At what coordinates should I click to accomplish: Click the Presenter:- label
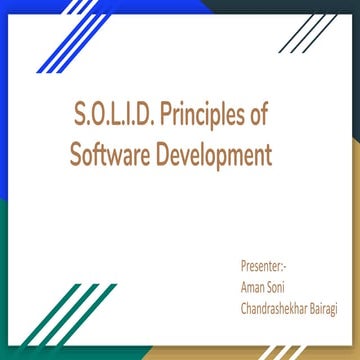coord(263,267)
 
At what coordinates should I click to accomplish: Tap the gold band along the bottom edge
coord(200,353)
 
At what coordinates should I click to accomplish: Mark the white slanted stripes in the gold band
coord(285,353)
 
